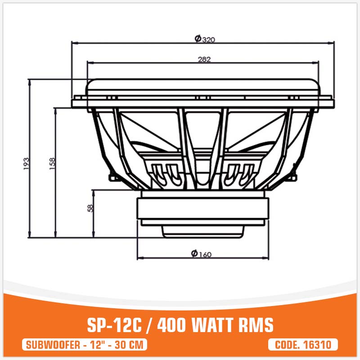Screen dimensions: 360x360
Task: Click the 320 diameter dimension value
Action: click(x=208, y=40)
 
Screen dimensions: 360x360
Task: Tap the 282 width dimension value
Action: click(x=204, y=59)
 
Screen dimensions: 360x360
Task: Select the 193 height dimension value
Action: click(x=26, y=163)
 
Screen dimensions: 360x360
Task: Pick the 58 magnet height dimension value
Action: click(x=90, y=208)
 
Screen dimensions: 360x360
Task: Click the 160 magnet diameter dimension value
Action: click(x=204, y=255)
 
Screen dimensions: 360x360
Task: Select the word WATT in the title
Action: click(x=216, y=325)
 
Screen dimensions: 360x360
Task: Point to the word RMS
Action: click(x=258, y=325)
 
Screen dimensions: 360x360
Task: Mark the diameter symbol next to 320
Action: click(x=198, y=39)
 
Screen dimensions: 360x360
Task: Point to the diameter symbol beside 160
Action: click(x=193, y=254)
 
